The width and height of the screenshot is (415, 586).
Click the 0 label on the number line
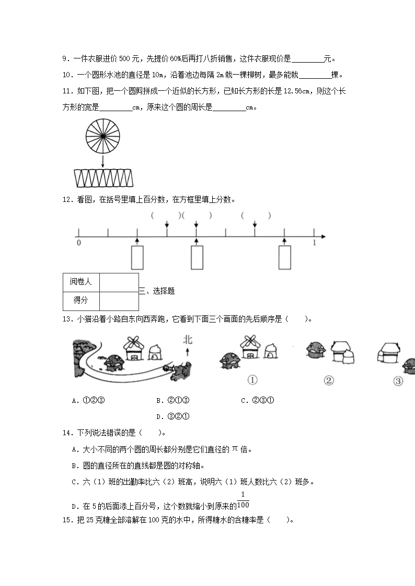(x=78, y=243)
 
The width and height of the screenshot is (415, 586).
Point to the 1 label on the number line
(x=314, y=243)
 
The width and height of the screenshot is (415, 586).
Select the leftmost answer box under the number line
(x=137, y=257)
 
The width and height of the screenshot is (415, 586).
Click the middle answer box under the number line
(x=197, y=257)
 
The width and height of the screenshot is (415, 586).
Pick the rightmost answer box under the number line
(x=284, y=257)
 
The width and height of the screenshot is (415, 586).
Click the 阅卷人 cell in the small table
(x=81, y=282)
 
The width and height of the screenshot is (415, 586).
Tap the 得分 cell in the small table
(x=81, y=300)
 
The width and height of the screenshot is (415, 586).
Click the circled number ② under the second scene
(x=329, y=380)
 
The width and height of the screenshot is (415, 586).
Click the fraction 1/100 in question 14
(x=243, y=500)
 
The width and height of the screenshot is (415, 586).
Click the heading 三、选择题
(x=157, y=291)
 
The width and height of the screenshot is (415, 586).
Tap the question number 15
(x=66, y=520)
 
